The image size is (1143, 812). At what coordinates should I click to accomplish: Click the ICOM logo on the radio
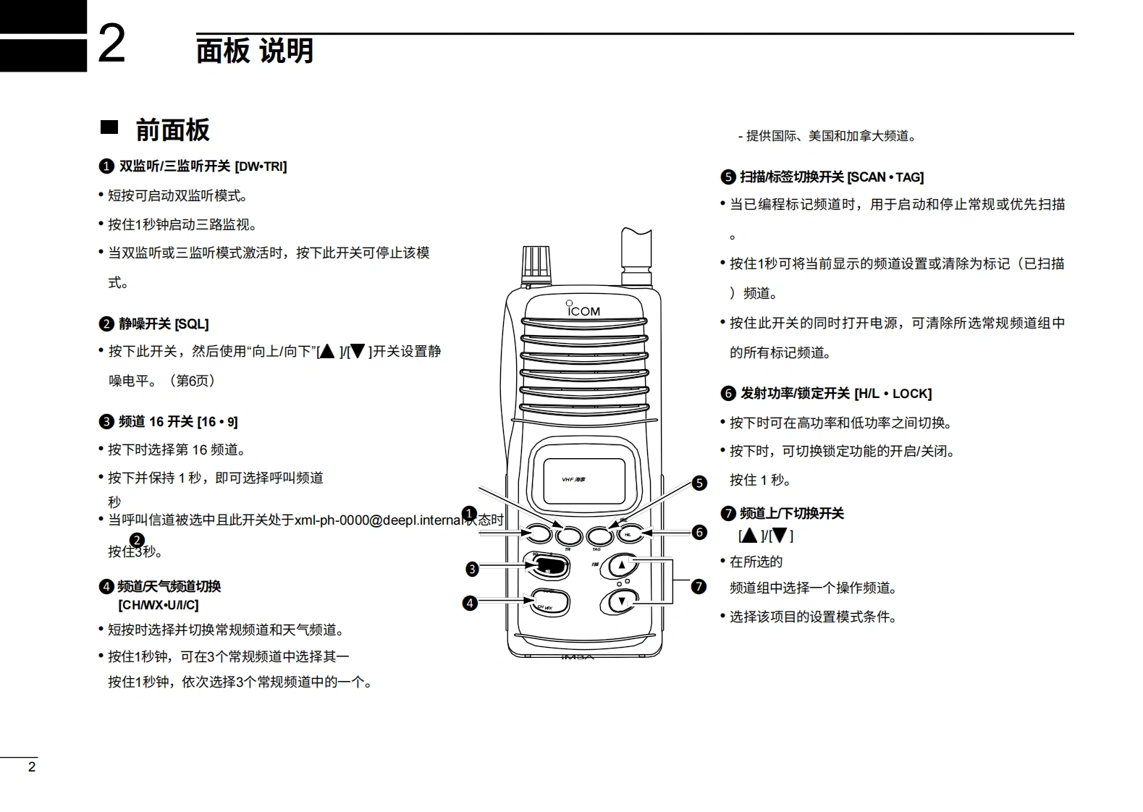point(583,310)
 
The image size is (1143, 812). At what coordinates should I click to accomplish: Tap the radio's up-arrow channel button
point(622,565)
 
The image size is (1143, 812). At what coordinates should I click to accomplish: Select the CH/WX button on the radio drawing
point(549,602)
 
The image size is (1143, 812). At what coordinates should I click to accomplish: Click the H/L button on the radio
point(629,535)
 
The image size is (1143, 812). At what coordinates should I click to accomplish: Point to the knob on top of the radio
point(536,262)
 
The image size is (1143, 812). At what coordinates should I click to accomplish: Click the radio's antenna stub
point(636,257)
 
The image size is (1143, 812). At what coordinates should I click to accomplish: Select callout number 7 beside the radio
point(699,586)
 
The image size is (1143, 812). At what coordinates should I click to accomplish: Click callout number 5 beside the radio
point(699,483)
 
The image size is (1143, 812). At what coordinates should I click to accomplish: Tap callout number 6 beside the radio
point(699,533)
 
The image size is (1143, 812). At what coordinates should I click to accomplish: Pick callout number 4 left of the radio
point(470,602)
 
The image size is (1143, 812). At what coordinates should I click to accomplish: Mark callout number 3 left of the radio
point(472,569)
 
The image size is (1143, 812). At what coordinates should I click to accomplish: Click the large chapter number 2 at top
point(111,45)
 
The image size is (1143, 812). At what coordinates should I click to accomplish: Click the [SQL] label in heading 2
point(192,324)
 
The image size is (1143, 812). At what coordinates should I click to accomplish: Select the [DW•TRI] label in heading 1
point(261,166)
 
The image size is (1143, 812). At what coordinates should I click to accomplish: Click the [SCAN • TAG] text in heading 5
point(885,177)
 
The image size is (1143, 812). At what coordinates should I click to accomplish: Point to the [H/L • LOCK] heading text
point(893,394)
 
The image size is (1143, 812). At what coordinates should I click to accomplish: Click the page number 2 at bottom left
point(31,767)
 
